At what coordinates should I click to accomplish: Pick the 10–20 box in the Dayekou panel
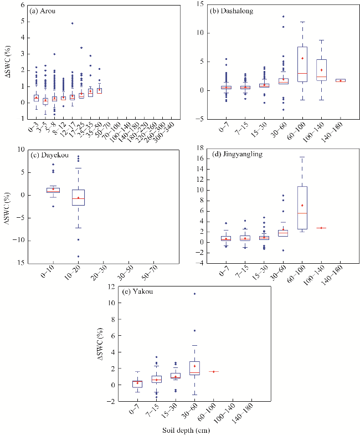pyautogui.click(x=78, y=198)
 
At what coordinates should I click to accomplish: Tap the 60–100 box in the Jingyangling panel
pyautogui.click(x=302, y=207)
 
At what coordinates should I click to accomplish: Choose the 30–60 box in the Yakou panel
pyautogui.click(x=194, y=368)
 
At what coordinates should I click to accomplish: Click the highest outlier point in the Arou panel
pyautogui.click(x=72, y=23)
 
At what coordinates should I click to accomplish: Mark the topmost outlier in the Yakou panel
pyautogui.click(x=194, y=294)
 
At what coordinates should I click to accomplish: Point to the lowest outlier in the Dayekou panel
pyautogui.click(x=78, y=256)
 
